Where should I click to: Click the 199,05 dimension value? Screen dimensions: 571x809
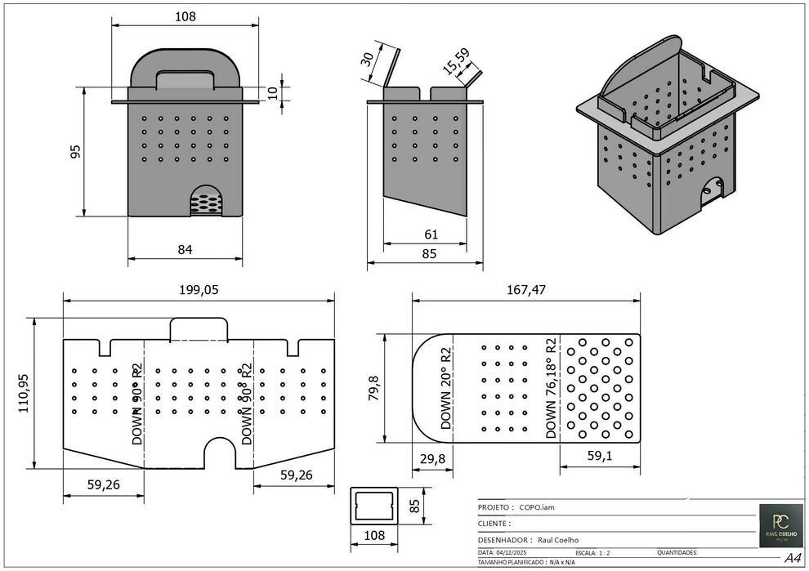199,289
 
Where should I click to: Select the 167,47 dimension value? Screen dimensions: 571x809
525,289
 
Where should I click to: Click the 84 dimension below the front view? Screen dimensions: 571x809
185,250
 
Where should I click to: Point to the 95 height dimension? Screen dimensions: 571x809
75,151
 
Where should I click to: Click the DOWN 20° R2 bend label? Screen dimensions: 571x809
446,388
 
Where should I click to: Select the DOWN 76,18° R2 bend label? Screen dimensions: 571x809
552,388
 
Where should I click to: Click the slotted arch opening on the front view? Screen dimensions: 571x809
206,200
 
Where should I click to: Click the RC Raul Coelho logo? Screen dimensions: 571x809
780,524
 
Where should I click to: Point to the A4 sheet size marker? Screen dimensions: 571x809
792,559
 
